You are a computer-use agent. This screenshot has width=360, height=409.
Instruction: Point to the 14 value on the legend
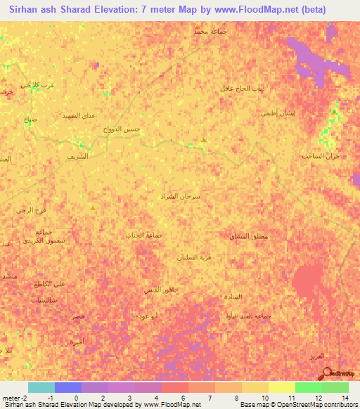tap(345, 397)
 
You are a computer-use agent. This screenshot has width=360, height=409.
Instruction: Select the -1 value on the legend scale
tap(49, 397)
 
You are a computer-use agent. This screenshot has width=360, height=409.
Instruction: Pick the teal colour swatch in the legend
tap(41, 387)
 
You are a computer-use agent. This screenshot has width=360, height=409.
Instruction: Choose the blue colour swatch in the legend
tap(67, 387)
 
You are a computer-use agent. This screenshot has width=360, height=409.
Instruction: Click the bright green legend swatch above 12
tap(308, 387)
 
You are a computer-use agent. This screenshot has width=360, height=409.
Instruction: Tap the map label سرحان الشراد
tap(181, 197)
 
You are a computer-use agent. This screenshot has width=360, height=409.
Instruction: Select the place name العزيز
tap(318, 358)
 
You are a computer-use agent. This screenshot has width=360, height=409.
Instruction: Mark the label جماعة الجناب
tap(143, 234)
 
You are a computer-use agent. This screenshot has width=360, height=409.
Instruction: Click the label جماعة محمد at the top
tap(210, 32)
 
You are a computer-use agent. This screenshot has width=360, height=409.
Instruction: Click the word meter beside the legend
tap(13, 397)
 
